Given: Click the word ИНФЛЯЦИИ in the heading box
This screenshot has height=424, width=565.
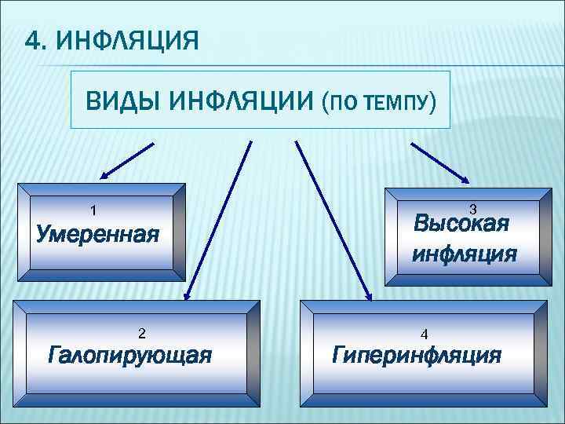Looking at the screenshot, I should [x=239, y=101].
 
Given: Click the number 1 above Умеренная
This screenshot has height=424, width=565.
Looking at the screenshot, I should [x=93, y=210].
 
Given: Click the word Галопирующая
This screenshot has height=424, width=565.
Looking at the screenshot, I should [x=129, y=355].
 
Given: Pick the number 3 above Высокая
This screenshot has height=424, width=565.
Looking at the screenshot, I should [x=472, y=209].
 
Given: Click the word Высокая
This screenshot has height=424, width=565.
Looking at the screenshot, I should [x=461, y=224].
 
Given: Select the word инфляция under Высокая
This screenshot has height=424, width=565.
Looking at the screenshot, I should [x=465, y=254].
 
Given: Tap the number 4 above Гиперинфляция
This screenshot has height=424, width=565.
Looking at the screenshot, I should [x=424, y=333].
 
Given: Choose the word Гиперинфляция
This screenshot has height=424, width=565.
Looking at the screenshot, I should [x=417, y=355].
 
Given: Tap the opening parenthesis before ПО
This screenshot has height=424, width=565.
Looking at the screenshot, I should [x=326, y=102].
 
